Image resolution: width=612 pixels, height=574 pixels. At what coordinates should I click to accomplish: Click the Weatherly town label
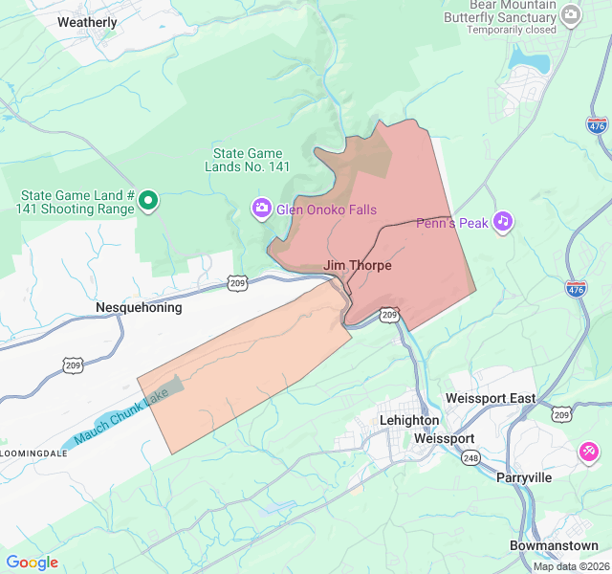click(87, 22)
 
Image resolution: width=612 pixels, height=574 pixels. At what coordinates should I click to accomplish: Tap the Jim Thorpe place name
click(358, 265)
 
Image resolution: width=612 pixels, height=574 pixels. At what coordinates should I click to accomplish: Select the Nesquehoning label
click(139, 308)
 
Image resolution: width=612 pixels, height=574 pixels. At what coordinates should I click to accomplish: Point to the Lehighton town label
click(408, 420)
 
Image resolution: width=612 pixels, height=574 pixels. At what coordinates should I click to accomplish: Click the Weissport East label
click(491, 398)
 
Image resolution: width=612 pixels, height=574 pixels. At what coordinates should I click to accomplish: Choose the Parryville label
click(524, 477)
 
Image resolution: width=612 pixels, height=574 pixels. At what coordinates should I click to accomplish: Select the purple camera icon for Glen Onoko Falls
click(261, 209)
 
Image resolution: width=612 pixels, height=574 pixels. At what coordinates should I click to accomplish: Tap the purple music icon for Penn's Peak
click(503, 222)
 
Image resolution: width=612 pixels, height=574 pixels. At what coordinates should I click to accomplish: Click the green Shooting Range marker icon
click(148, 201)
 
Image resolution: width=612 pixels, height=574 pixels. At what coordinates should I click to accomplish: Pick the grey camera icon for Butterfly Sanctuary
click(571, 14)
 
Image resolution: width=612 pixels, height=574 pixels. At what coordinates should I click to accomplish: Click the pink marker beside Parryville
click(589, 451)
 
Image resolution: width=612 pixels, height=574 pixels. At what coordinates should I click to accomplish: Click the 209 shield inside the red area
click(388, 314)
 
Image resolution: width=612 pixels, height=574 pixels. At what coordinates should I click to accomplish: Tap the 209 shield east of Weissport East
click(561, 412)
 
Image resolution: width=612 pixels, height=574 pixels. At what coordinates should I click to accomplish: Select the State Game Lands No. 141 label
click(248, 160)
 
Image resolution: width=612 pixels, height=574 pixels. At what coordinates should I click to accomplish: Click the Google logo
click(33, 563)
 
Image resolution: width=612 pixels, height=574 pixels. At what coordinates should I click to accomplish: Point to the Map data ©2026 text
click(570, 566)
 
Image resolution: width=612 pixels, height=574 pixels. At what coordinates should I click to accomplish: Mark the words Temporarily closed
click(512, 30)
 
